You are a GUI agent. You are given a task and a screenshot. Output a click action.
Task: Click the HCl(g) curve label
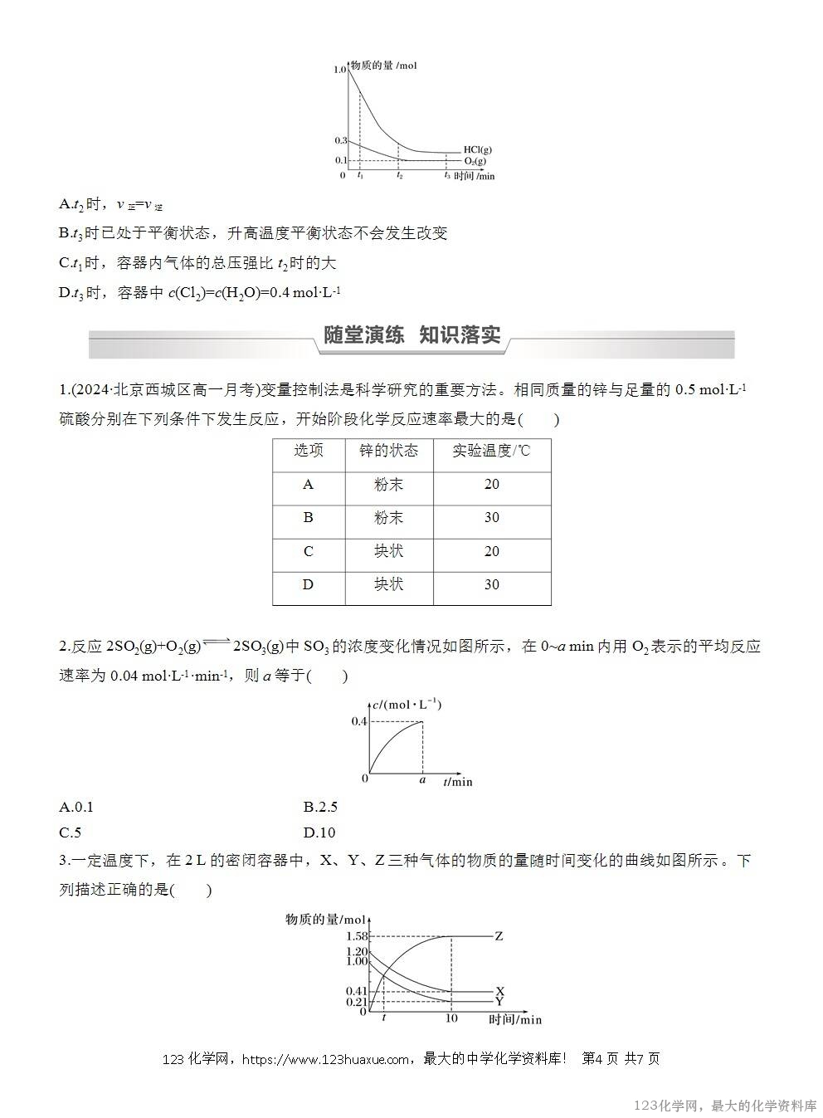(x=477, y=150)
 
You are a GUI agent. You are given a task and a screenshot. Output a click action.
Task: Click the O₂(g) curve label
(x=475, y=160)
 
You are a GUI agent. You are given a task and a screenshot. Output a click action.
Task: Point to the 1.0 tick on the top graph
(x=340, y=70)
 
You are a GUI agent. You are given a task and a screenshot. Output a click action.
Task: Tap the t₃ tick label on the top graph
(x=446, y=175)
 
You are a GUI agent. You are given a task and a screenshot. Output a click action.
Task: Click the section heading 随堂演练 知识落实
(x=411, y=335)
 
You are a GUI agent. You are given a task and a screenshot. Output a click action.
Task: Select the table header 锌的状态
(x=388, y=451)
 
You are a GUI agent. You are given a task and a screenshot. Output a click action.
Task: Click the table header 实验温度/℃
(x=491, y=451)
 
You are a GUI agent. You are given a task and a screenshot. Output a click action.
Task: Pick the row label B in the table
(x=308, y=518)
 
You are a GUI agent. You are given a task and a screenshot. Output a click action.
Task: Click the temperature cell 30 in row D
(x=491, y=584)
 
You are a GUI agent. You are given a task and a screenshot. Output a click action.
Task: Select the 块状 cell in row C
(x=388, y=551)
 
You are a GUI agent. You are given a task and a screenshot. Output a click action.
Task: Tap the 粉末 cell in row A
(x=388, y=485)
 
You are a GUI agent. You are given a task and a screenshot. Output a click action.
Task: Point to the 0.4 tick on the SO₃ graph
(x=358, y=721)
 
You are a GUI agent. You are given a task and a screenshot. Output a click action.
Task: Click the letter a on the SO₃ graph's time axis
(x=422, y=780)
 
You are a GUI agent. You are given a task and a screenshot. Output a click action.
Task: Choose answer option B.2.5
(x=320, y=807)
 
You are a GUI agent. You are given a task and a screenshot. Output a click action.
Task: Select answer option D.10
(x=319, y=832)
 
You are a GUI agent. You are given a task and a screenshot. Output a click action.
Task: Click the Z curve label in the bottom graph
(x=499, y=936)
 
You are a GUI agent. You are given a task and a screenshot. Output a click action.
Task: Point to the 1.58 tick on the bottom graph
(x=357, y=936)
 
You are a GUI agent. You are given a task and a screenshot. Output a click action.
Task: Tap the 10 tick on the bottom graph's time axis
(x=451, y=1018)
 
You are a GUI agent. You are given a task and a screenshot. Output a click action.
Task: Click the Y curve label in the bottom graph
(x=499, y=1002)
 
